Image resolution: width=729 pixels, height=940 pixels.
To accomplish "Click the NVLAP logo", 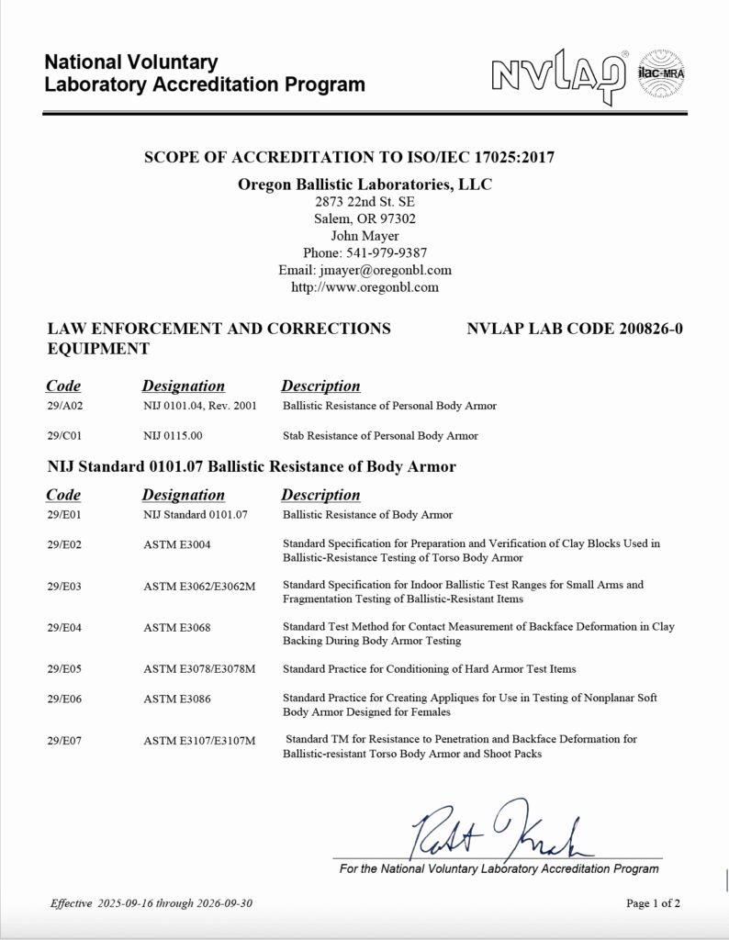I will (559, 74).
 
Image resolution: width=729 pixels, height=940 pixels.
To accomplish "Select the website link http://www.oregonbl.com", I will (364, 286).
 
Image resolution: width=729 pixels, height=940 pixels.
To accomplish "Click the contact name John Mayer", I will (364, 236).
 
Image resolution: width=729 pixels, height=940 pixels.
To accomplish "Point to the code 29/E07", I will (65, 739).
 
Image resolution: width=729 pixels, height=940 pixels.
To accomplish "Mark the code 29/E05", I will (65, 668).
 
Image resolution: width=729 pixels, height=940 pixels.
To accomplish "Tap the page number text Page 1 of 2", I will (653, 903).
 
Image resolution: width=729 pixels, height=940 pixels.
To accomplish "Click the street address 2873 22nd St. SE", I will (364, 202).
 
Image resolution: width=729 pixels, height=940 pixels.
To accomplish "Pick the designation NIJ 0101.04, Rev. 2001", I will (199, 405).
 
